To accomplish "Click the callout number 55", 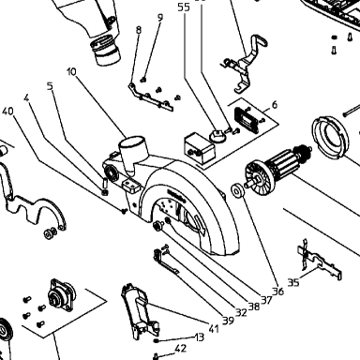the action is click(184, 7).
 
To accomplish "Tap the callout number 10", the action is click(71, 72).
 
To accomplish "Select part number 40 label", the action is click(7, 112).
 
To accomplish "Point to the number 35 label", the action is click(293, 283).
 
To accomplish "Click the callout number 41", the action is click(214, 329).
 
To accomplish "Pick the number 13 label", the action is click(200, 337).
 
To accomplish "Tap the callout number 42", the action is click(181, 349).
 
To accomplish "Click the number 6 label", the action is click(275, 105).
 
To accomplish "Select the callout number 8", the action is click(139, 30).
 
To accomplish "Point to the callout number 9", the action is click(160, 18).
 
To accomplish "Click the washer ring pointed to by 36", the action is click(236, 190).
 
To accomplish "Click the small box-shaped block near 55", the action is click(200, 148).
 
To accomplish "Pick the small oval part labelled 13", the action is click(157, 340).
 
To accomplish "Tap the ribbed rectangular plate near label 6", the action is click(247, 120).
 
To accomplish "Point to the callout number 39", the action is click(228, 321).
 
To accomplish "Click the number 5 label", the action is click(50, 86).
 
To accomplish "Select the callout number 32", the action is click(241, 312).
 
